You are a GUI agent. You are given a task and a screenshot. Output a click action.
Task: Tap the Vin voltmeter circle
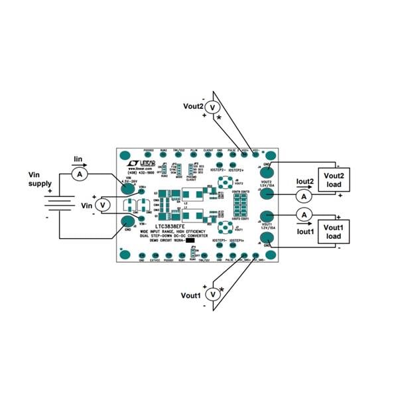pyautogui.click(x=103, y=206)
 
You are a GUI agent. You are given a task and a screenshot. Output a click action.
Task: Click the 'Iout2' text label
pyautogui.click(x=305, y=182)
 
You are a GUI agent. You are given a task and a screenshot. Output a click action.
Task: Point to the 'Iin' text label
pyautogui.click(x=78, y=159)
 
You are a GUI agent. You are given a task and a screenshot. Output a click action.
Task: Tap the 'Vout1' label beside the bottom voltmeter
pyautogui.click(x=190, y=295)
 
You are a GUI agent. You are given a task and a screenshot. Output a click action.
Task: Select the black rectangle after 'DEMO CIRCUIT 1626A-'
pyautogui.click(x=190, y=239)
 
